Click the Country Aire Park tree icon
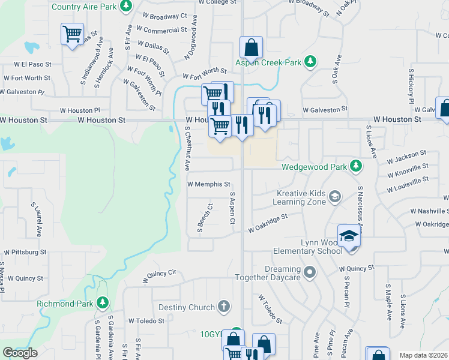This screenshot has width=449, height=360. [125, 7]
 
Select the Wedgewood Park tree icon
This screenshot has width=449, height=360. [356, 164]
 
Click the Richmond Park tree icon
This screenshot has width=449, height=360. [103, 303]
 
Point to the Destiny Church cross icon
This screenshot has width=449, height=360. [224, 307]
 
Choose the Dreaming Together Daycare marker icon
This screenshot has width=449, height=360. [310, 272]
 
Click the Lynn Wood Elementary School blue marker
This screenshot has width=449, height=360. [349, 236]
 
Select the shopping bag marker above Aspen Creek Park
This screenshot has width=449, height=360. [251, 47]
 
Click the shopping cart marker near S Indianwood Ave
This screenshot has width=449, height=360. [72, 34]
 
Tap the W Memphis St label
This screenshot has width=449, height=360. [209, 184]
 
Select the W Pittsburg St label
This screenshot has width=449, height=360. [25, 253]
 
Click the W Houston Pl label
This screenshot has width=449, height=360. [80, 110]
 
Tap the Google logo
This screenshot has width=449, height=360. [20, 353]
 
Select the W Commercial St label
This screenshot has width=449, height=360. [161, 30]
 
